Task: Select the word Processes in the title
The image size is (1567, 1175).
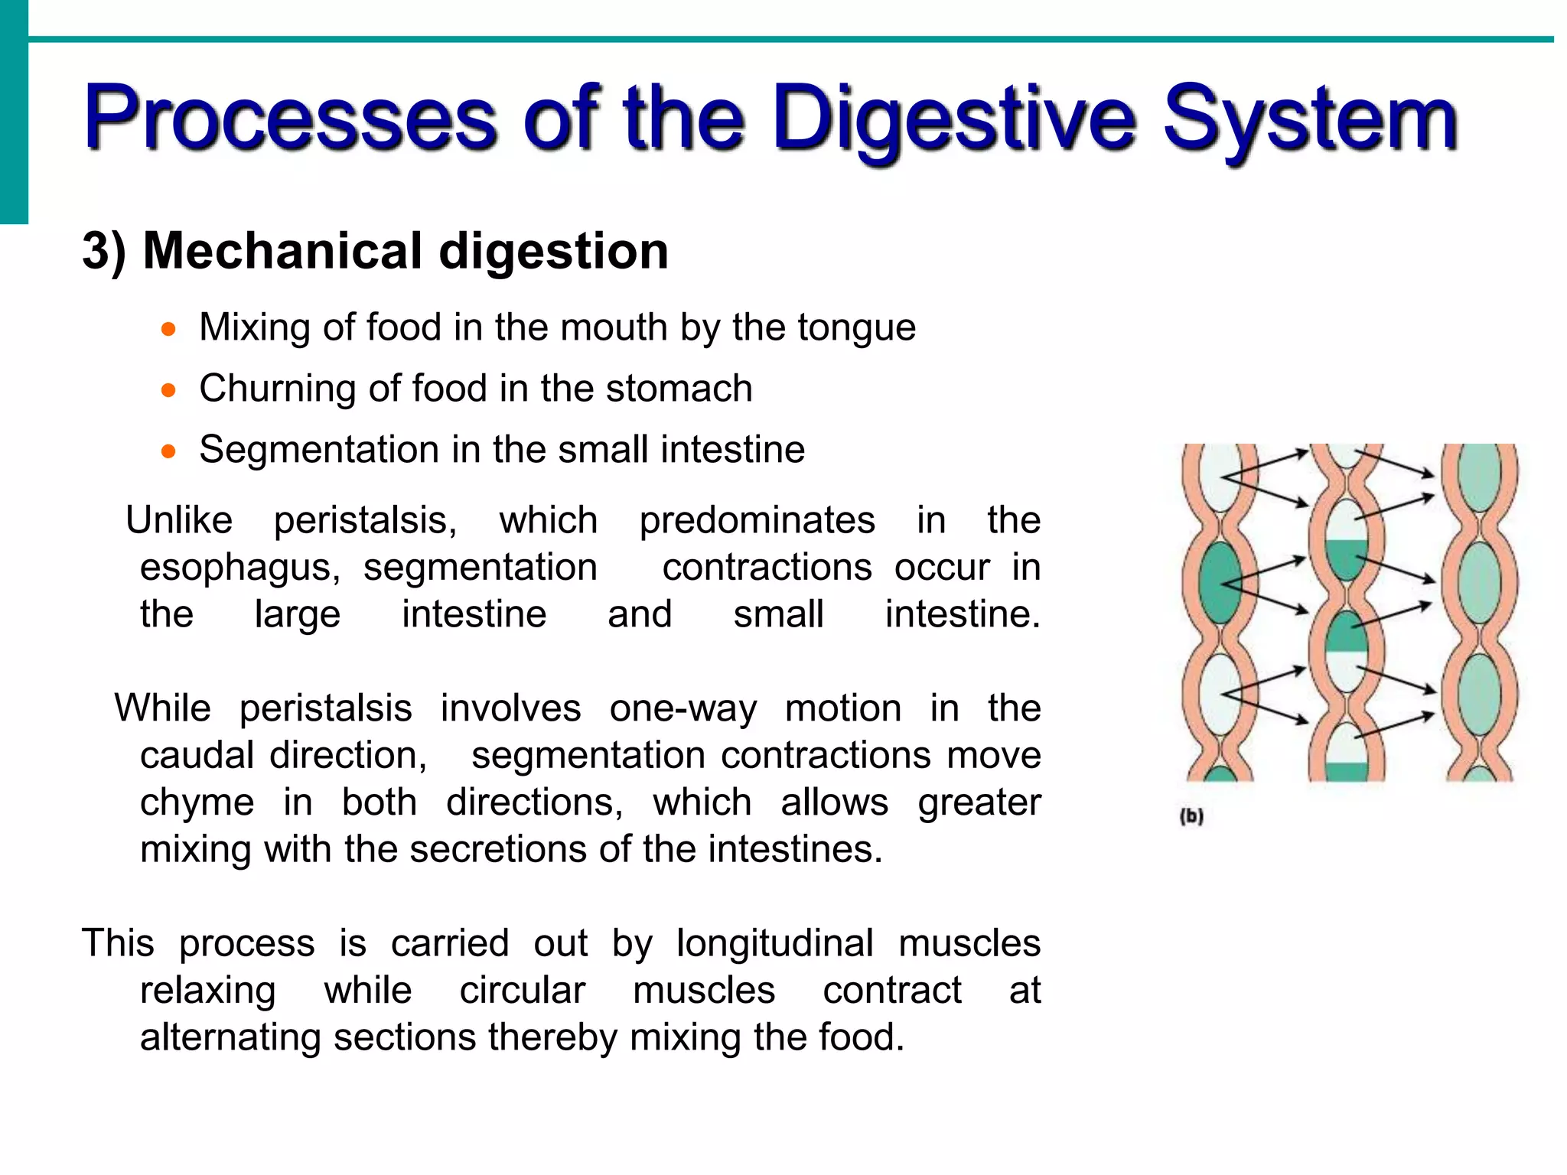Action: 291,119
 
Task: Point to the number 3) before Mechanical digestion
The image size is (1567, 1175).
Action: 104,251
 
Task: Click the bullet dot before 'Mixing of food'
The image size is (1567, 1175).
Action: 168,330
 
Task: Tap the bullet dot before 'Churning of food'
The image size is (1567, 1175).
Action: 168,391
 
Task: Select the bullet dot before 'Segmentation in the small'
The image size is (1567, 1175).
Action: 168,452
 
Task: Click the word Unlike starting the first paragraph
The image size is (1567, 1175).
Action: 179,520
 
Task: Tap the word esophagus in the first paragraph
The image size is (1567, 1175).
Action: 239,568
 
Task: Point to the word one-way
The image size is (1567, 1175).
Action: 683,708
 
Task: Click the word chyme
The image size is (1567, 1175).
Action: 197,803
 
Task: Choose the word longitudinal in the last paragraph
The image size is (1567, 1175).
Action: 774,943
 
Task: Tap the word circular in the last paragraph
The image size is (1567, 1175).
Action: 523,991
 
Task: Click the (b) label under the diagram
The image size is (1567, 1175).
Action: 1191,816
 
